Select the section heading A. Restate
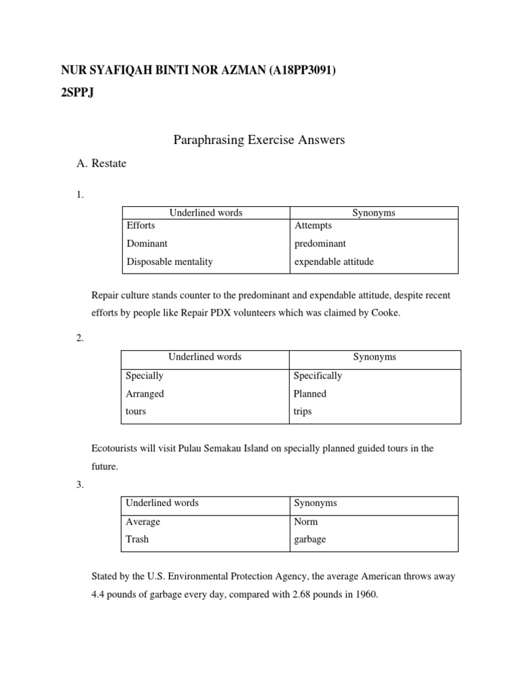[x=102, y=164]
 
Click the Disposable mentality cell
[x=169, y=262]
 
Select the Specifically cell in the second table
[x=318, y=376]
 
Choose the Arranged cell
[x=145, y=394]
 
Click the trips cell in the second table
[x=303, y=412]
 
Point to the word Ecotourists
[x=116, y=449]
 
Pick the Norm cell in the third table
[x=306, y=522]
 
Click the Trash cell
[x=137, y=540]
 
